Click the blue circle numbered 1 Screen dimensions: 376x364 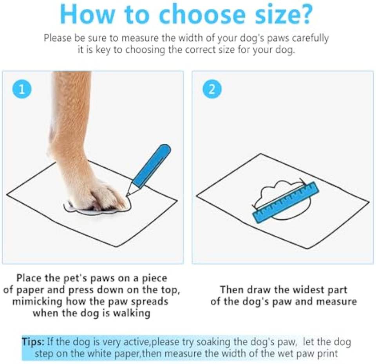22,89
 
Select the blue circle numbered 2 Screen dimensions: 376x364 212,89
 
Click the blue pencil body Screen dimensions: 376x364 152,166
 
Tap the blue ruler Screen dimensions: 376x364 286,203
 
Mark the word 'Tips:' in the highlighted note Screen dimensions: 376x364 33,341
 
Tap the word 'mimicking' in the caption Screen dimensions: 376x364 37,301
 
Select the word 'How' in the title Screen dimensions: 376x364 87,14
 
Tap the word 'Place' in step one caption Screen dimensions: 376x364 29,278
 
